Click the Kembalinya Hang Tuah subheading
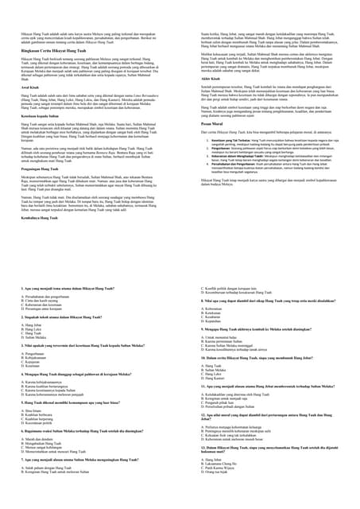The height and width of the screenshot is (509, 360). (44, 217)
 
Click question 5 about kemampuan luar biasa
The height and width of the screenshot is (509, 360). (71, 402)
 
